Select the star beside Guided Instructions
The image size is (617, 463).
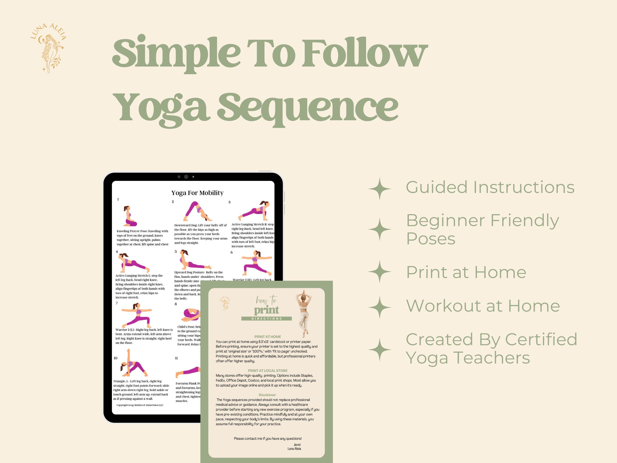pyautogui.click(x=380, y=189)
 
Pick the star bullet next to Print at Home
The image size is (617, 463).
pyautogui.click(x=380, y=272)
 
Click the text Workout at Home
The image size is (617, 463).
pyautogui.click(x=483, y=306)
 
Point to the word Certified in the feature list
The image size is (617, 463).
pyautogui.click(x=541, y=339)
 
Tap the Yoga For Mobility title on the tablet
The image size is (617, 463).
pyautogui.click(x=197, y=193)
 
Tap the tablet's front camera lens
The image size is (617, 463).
pyautogui.click(x=186, y=177)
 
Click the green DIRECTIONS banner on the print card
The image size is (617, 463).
pyautogui.click(x=266, y=318)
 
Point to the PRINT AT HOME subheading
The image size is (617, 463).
pyautogui.click(x=268, y=337)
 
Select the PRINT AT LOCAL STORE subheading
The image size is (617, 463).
pyautogui.click(x=268, y=371)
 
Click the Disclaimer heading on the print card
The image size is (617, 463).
pyautogui.click(x=267, y=395)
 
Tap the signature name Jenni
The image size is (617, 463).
pyautogui.click(x=297, y=444)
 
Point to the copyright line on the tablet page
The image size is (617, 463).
pyautogui.click(x=140, y=405)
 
